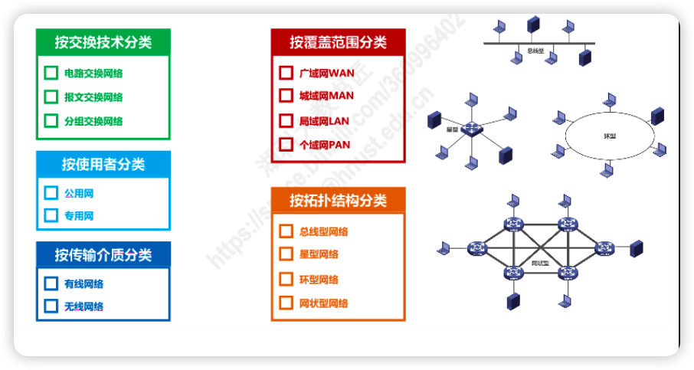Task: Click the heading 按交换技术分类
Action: click(x=103, y=42)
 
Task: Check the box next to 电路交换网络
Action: click(x=51, y=74)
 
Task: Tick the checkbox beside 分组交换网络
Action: click(x=51, y=120)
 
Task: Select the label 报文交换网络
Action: click(x=93, y=97)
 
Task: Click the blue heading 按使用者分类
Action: click(x=103, y=164)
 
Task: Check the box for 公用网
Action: click(x=51, y=193)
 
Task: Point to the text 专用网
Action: click(x=79, y=216)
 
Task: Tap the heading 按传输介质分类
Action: click(x=103, y=254)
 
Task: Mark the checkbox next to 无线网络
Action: click(x=51, y=306)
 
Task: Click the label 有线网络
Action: click(x=83, y=284)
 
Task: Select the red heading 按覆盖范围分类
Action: click(x=338, y=42)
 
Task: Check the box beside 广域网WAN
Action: click(x=286, y=73)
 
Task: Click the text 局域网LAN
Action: click(x=324, y=121)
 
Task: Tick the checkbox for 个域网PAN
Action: click(x=286, y=144)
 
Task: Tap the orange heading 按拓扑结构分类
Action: click(x=338, y=201)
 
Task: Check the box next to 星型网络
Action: click(x=286, y=254)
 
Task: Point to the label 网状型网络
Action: click(x=323, y=303)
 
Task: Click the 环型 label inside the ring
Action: click(x=610, y=136)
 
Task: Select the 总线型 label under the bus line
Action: click(x=535, y=51)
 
